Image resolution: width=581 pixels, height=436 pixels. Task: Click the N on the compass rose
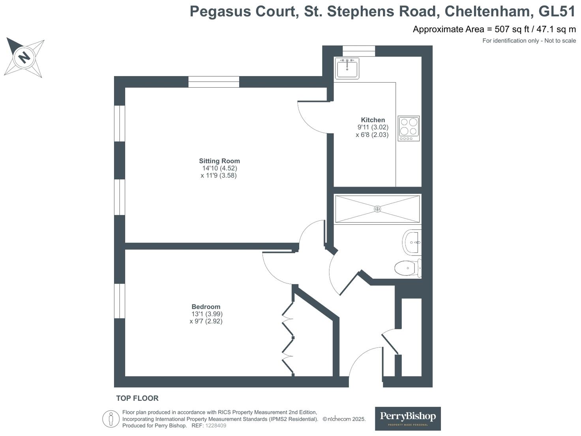point(24,57)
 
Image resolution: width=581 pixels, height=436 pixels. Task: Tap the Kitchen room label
point(373,120)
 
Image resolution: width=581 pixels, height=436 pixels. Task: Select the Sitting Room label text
point(219,161)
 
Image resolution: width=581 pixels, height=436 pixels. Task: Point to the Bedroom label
point(206,306)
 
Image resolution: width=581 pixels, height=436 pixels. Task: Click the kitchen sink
point(347,68)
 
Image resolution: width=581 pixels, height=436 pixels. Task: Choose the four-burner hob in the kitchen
point(409,128)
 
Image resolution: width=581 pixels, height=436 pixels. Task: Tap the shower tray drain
point(377,209)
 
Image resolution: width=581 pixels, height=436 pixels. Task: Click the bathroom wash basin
point(412,242)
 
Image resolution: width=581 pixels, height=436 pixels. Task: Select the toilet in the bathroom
point(408,268)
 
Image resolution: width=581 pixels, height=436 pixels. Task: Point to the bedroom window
point(120,301)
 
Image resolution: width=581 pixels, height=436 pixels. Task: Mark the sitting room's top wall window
point(214,82)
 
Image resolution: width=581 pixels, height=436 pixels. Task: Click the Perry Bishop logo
point(408,419)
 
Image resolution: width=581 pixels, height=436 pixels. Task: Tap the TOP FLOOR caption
point(137,398)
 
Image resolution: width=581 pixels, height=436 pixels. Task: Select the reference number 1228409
point(216,426)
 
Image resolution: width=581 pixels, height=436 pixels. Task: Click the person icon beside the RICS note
point(111,419)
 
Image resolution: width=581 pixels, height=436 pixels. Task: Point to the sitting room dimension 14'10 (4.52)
point(220,168)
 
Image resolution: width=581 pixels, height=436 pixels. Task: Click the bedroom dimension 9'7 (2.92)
point(206,321)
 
